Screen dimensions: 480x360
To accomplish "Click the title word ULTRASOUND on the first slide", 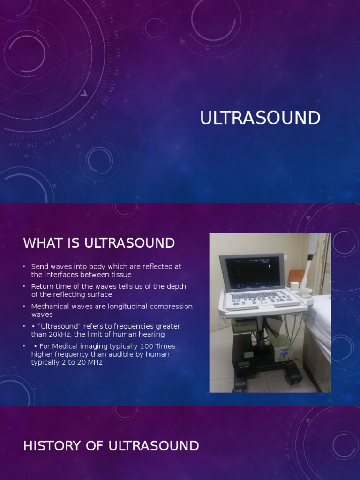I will click(x=260, y=118).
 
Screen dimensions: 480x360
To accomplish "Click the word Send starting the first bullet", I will click(x=39, y=266).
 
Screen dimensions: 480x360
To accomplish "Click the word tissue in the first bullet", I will click(x=120, y=274).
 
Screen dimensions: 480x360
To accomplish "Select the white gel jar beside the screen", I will click(x=294, y=285).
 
